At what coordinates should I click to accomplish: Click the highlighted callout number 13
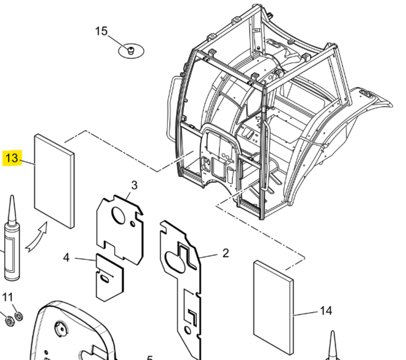12,158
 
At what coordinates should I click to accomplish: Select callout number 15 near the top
101,31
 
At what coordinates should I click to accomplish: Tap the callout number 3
134,185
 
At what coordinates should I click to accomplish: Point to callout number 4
66,258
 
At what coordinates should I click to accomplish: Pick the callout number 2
225,253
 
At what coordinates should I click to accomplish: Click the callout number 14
326,311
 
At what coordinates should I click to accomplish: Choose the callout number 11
8,298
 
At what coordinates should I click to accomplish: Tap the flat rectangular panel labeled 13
54,181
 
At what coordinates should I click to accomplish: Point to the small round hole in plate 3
132,224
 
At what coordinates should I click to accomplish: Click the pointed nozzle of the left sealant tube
12,209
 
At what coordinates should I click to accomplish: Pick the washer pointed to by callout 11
19,316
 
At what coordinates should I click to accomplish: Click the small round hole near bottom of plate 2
187,330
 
